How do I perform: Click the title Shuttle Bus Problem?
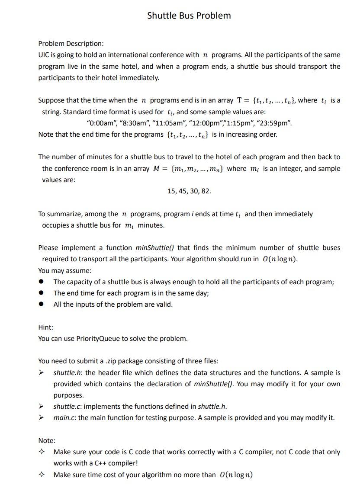coord(189,16)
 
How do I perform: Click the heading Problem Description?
coord(71,44)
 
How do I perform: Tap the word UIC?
coord(44,55)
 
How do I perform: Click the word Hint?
coord(46,327)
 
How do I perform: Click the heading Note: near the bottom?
coord(47,441)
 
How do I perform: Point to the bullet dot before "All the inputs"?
coord(42,305)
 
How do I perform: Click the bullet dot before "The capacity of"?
coord(42,282)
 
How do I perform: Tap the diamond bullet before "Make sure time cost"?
coord(42,475)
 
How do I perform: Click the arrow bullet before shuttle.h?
coord(42,373)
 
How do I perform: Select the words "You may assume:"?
coord(65,271)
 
